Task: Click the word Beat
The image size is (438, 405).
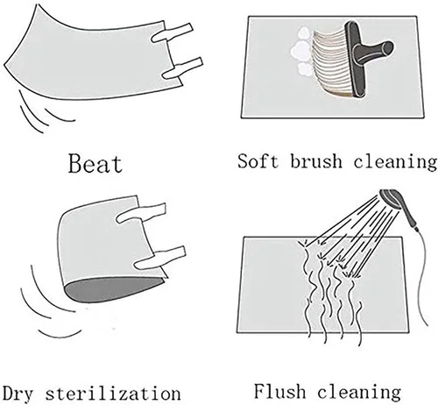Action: pos(95,164)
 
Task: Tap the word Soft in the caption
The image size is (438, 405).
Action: pos(258,160)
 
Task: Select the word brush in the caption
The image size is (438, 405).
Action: pos(316,160)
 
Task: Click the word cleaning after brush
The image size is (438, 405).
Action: pos(395,162)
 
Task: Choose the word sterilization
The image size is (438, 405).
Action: pos(113,393)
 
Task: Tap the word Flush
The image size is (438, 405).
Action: pos(279,391)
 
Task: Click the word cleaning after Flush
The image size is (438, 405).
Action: pos(359,393)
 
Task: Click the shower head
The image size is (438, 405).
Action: pos(392,202)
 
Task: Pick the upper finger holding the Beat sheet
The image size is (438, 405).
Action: pos(172,33)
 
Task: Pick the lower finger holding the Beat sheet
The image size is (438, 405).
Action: pos(182,68)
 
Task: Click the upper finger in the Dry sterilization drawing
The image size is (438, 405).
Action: pos(141,213)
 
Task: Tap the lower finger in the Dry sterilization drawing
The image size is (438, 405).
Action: pos(160,258)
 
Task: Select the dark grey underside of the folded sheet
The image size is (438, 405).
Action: pos(113,289)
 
